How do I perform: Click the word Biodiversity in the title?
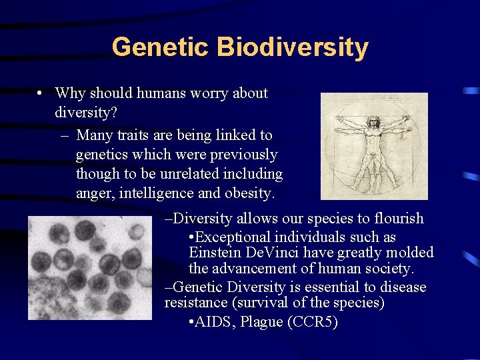click(x=293, y=47)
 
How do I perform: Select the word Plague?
click(x=262, y=322)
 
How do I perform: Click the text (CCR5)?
click(x=312, y=322)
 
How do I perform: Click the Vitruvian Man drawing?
click(x=374, y=146)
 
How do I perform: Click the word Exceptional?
click(x=236, y=237)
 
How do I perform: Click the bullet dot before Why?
click(x=41, y=94)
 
